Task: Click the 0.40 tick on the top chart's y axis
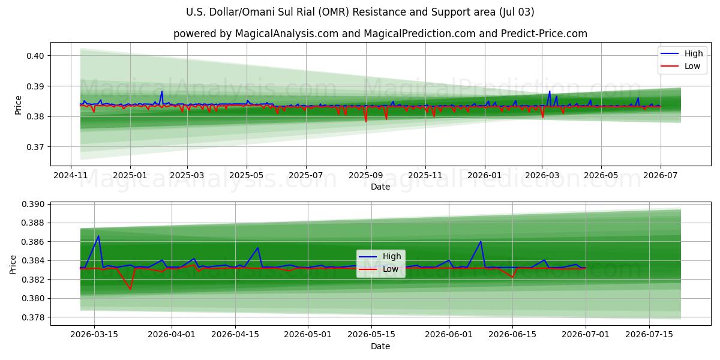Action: [x=35, y=56]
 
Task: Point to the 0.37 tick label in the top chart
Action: [x=35, y=147]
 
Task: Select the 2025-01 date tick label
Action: [x=130, y=175]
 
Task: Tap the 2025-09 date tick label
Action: [x=366, y=175]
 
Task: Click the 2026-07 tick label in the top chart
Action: [x=661, y=175]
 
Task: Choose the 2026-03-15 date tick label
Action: [x=94, y=335]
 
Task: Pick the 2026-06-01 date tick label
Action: [x=449, y=335]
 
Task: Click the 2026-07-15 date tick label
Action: [x=649, y=335]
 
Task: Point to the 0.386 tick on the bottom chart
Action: [x=33, y=242]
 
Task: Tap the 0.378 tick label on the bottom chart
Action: [x=33, y=317]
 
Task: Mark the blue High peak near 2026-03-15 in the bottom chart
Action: [x=98, y=236]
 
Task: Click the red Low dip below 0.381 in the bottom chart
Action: [x=130, y=289]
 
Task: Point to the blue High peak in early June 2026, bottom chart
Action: [x=481, y=241]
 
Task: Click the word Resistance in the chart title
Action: [x=379, y=12]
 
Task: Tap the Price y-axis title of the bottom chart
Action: [x=13, y=265]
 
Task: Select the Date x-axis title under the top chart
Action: [x=380, y=187]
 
